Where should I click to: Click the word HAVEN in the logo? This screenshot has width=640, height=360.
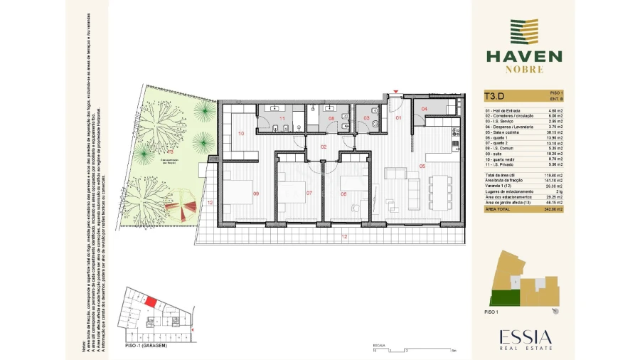click(523, 56)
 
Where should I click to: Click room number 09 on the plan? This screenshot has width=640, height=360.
click(255, 193)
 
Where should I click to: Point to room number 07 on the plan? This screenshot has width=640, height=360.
click(309, 193)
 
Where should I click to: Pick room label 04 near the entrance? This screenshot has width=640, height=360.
click(424, 109)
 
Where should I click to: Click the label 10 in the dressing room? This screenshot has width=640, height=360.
click(241, 133)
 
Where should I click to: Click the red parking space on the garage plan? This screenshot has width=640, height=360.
click(151, 302)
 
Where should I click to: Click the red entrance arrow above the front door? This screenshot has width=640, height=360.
click(396, 93)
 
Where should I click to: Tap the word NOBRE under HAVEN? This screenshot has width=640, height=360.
click(524, 70)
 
